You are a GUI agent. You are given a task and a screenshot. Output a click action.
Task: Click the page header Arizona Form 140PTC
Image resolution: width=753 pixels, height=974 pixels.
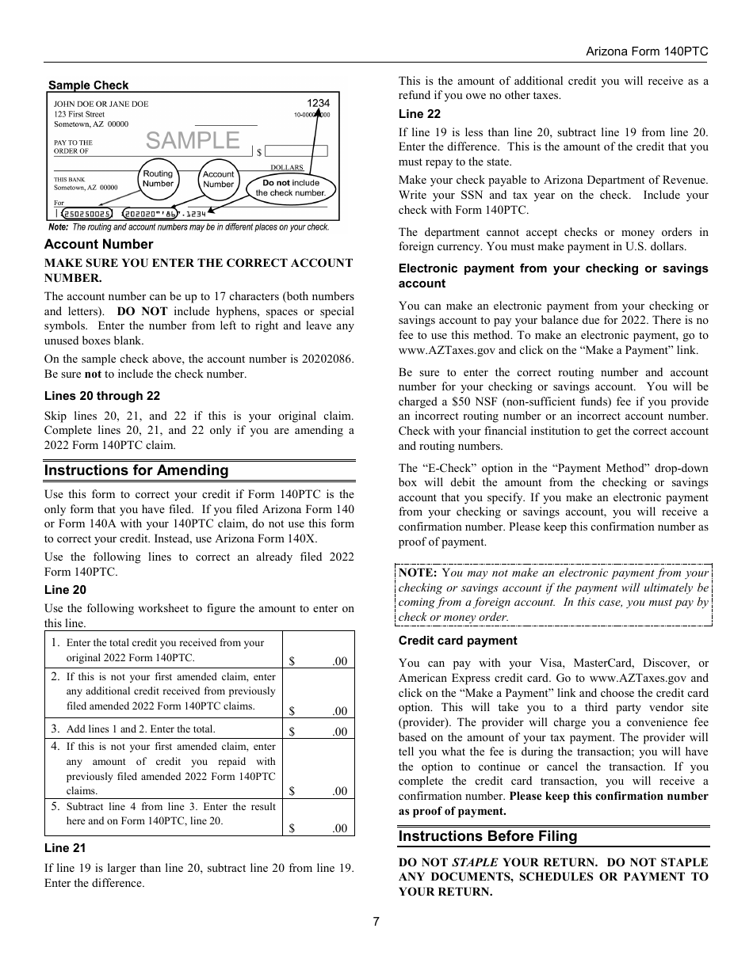pos(646,51)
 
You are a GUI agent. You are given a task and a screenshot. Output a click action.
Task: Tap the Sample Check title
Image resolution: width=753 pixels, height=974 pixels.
pos(88,86)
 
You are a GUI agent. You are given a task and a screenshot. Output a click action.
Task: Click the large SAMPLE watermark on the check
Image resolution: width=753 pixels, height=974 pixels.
pos(193,140)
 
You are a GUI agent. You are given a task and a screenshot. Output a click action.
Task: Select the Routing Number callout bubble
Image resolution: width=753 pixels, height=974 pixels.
pos(158,178)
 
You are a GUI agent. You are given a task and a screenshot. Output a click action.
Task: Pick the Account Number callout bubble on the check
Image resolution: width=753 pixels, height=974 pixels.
pos(218,179)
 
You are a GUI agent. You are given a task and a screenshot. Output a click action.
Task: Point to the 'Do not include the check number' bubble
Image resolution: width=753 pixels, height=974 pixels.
pos(290,188)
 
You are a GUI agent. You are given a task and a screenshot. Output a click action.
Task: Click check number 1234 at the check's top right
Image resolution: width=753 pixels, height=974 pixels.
pos(318,103)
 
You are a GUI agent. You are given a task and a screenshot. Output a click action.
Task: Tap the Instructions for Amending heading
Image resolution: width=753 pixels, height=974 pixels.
pos(136,470)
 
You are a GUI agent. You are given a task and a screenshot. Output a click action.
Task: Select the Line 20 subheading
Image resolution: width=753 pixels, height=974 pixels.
pos(65,590)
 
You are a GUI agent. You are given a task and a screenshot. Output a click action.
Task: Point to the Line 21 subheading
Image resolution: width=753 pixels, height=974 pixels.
pos(65,847)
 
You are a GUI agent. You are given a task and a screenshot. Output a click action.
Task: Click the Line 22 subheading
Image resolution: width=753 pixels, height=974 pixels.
pos(419,114)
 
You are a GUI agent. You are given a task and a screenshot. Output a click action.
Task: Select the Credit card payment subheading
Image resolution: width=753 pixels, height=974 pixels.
pos(457,641)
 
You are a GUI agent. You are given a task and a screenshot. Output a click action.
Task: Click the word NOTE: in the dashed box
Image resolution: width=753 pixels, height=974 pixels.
pos(418,573)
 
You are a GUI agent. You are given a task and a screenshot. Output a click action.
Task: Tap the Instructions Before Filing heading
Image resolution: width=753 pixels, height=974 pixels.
pos(487,836)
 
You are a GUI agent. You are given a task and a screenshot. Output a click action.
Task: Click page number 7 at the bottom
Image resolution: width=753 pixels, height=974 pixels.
pos(376,922)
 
